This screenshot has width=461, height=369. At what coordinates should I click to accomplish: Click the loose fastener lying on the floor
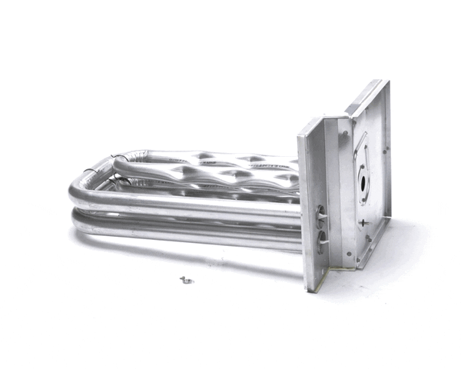(x=184, y=280)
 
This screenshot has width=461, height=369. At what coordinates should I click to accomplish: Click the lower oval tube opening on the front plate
(x=320, y=238)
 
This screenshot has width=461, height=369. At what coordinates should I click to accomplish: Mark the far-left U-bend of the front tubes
(x=79, y=204)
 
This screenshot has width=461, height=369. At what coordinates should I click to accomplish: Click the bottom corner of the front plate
(x=310, y=288)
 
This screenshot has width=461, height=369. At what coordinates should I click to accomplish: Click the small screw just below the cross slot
(x=368, y=238)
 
